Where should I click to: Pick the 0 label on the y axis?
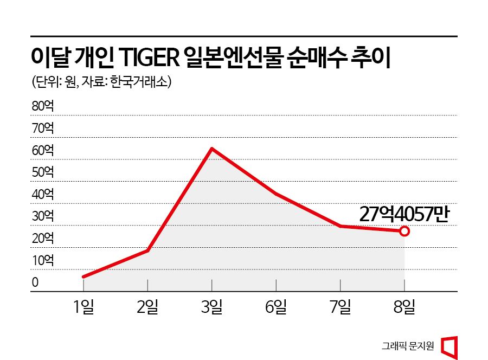pyautogui.click(x=35, y=282)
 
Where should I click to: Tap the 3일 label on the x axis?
pyautogui.click(x=211, y=307)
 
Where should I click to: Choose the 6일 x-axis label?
pyautogui.click(x=276, y=307)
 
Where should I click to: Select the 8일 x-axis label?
pyautogui.click(x=404, y=307)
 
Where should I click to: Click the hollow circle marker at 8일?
pyautogui.click(x=404, y=231)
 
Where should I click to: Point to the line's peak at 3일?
pyautogui.click(x=211, y=148)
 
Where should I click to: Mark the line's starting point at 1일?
pyautogui.click(x=83, y=277)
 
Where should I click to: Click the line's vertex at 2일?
pyautogui.click(x=147, y=250)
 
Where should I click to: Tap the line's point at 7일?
pyautogui.click(x=341, y=226)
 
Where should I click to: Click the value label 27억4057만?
pyautogui.click(x=404, y=214)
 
